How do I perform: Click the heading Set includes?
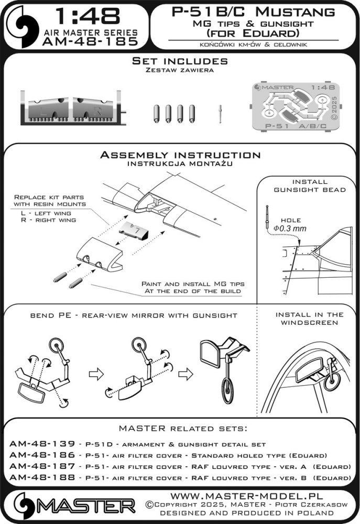click(180, 61)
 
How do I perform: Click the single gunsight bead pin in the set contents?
click(221, 112)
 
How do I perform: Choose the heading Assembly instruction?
click(180, 155)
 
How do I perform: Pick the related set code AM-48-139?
click(35, 443)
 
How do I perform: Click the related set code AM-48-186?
click(35, 455)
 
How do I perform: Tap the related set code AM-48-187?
click(35, 466)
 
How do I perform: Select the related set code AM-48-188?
click(35, 478)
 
